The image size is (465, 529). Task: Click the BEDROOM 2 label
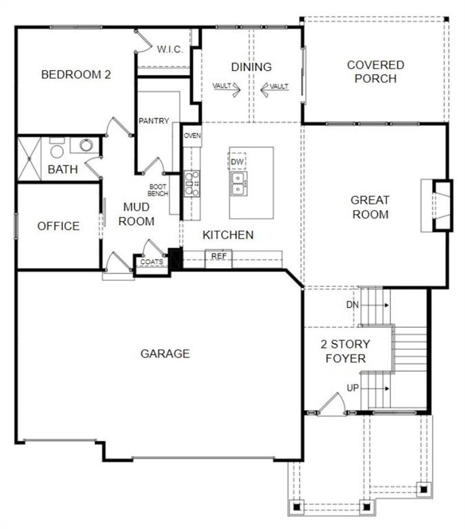[76, 74]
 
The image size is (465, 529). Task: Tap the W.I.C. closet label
[169, 49]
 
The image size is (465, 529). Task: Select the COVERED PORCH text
[375, 72]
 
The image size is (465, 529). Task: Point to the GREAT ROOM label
[370, 207]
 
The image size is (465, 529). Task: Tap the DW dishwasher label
[238, 162]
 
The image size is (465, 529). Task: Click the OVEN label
[192, 136]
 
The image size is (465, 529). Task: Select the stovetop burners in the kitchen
[192, 184]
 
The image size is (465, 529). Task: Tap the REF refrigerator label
[219, 256]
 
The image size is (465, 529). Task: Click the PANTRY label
[154, 121]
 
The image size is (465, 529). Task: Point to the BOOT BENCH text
[158, 190]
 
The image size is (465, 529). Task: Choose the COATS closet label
[152, 262]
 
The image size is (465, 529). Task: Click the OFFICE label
[59, 226]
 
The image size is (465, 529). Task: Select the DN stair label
[352, 304]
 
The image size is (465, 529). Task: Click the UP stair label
[353, 388]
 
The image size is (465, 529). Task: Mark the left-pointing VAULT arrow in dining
[265, 87]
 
